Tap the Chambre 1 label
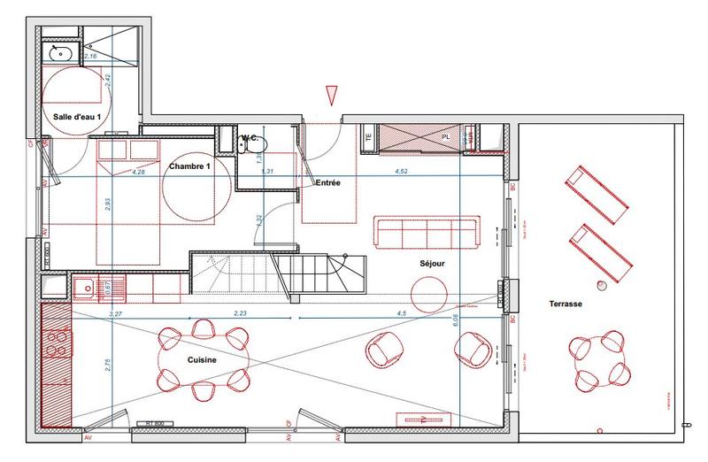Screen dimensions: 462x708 coord(189,166)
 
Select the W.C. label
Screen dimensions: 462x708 coord(250,138)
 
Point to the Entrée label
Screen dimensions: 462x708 coord(328,181)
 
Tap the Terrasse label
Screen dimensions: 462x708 coord(564,303)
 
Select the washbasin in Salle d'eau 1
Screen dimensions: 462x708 coord(61,55)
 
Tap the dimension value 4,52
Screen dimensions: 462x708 coord(401,172)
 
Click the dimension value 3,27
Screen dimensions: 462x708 coord(115,313)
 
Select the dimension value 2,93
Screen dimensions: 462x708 coord(107,203)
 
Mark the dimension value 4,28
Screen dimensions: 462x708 coord(138,172)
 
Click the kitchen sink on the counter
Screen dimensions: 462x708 coord(87,286)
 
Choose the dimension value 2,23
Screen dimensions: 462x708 coord(240,313)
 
